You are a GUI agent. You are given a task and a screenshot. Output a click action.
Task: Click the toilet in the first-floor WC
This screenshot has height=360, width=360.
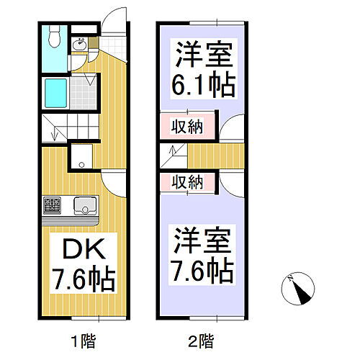55,38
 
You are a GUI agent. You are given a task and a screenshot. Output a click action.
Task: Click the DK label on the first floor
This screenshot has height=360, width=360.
81,248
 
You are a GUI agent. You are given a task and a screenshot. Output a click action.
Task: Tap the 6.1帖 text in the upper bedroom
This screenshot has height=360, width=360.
204,86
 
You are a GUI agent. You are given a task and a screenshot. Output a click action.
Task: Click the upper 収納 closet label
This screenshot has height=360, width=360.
186,127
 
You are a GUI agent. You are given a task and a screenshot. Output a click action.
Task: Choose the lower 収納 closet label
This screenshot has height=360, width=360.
186,182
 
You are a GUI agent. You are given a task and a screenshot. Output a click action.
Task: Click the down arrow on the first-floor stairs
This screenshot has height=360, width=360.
53,133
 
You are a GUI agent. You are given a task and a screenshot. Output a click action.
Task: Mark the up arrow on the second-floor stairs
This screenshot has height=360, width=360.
171,152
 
